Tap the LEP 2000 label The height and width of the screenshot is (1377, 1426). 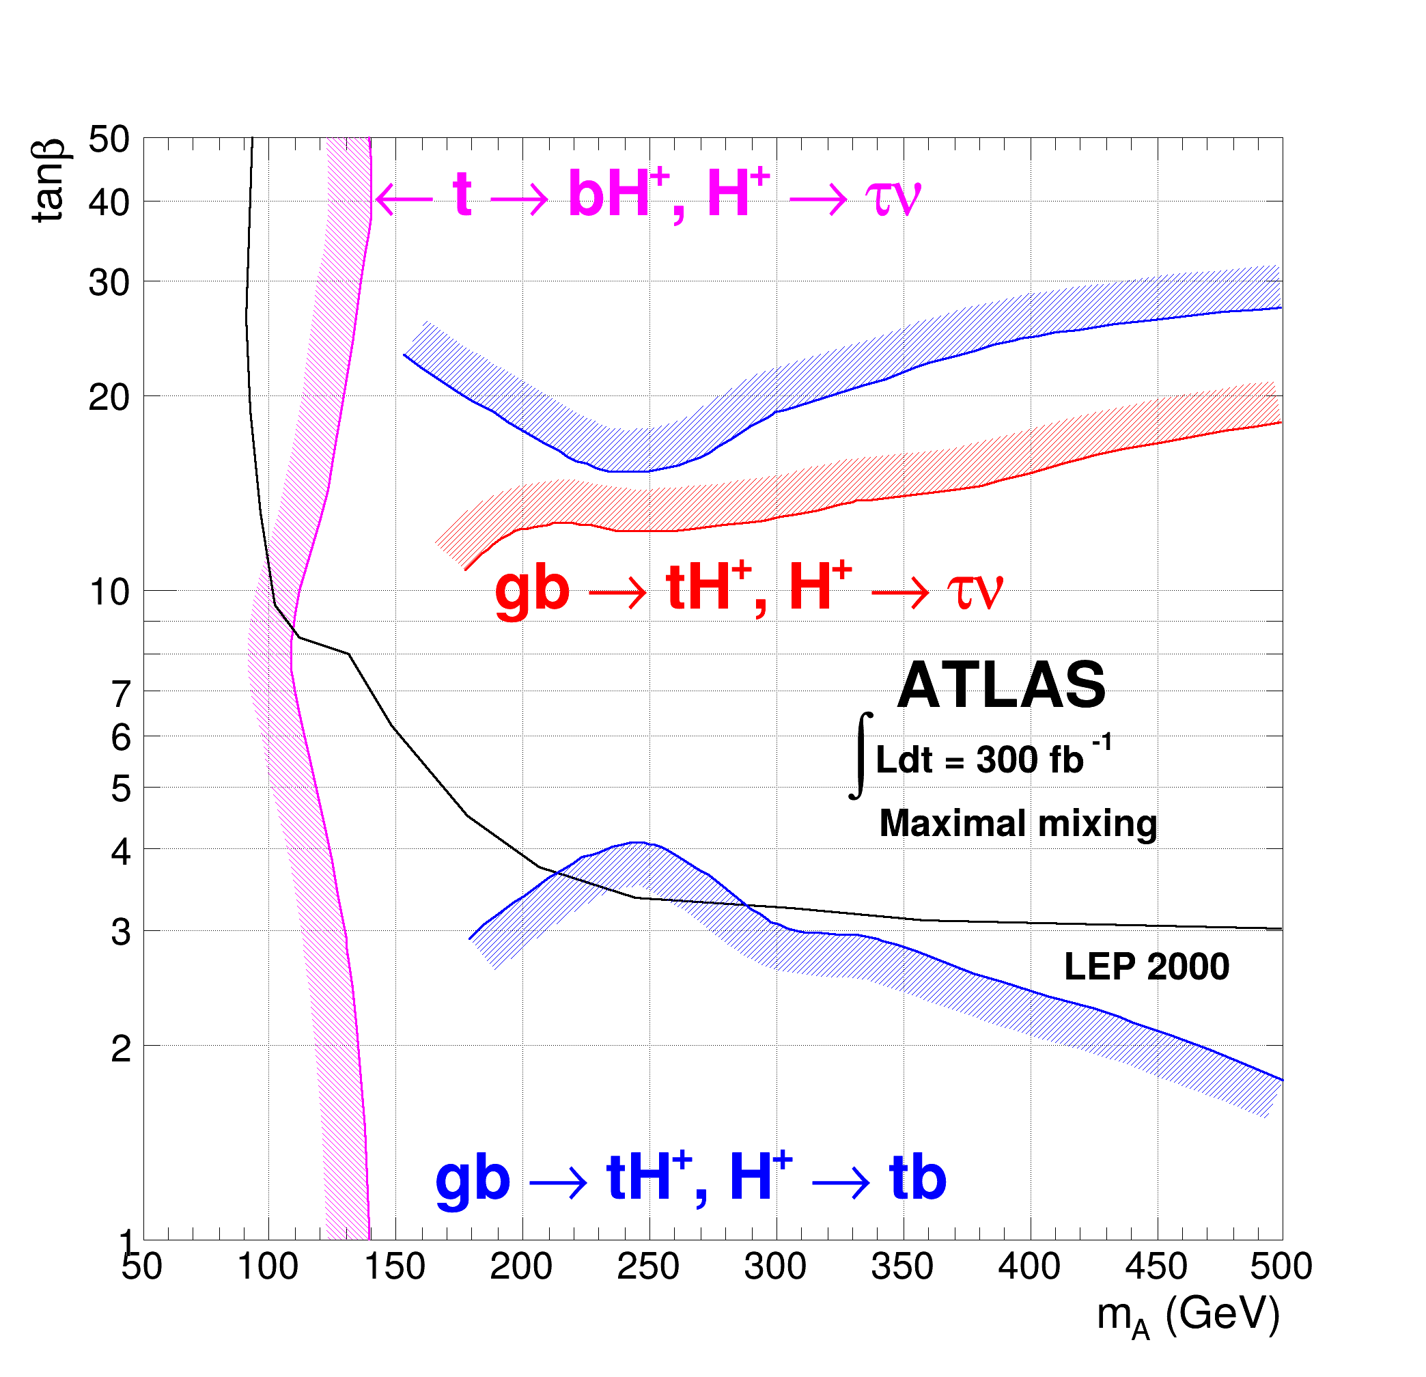pos(1146,966)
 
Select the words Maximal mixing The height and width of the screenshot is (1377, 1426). pos(1017,823)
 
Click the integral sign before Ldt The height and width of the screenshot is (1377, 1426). pos(861,755)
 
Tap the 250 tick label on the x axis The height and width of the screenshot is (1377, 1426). pos(647,1267)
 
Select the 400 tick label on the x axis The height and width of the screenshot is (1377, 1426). pos(1029,1267)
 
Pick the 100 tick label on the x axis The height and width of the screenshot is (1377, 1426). pos(268,1267)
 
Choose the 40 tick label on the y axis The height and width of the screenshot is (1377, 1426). pos(109,202)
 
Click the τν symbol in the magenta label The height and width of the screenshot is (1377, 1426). pos(892,196)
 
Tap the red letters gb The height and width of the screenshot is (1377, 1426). pos(532,589)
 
